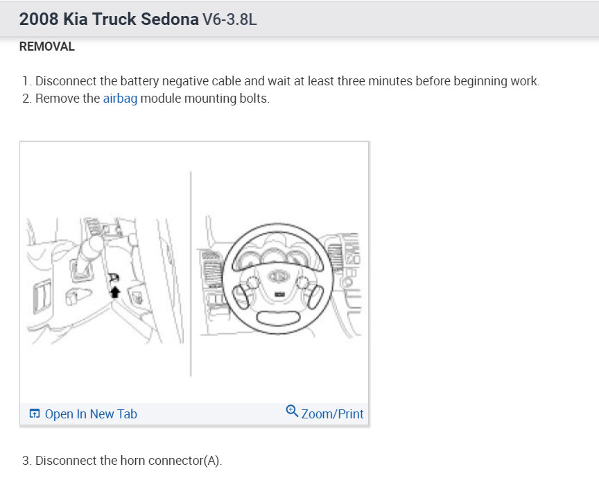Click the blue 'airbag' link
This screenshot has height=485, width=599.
click(x=120, y=99)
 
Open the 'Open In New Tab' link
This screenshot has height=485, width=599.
click(x=91, y=414)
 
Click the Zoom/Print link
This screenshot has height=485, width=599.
click(x=332, y=414)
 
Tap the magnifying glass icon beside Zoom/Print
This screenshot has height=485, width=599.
click(x=292, y=411)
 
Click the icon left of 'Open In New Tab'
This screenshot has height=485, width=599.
click(x=35, y=414)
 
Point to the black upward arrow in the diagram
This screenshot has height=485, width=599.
click(x=115, y=291)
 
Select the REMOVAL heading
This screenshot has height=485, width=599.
click(x=46, y=47)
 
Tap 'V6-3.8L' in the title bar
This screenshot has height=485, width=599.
click(x=229, y=19)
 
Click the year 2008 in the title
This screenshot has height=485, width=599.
click(x=39, y=19)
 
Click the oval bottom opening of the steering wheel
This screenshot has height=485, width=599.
click(x=279, y=318)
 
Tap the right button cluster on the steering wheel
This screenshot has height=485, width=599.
click(x=309, y=289)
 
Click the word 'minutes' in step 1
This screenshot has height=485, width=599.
click(x=391, y=81)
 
